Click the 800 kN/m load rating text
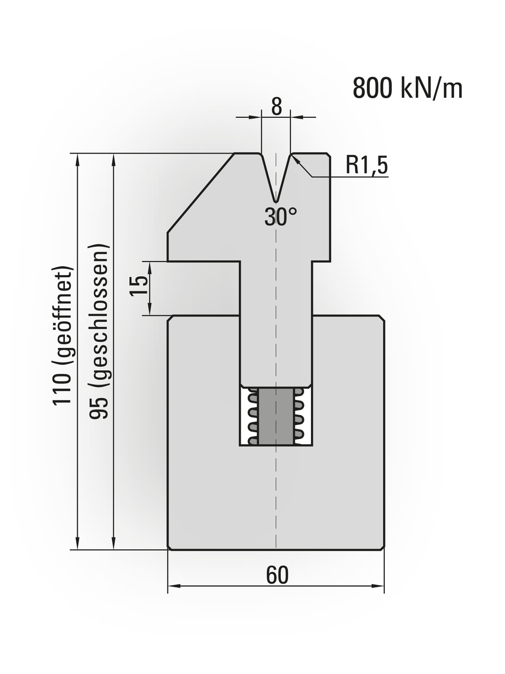(x=407, y=88)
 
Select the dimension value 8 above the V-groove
(x=276, y=107)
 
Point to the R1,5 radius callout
(x=366, y=166)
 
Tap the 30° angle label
(x=280, y=217)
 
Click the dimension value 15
(x=140, y=287)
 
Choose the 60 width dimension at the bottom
(x=277, y=575)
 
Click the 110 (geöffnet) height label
(x=62, y=335)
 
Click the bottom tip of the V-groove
(x=276, y=201)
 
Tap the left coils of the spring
(x=252, y=416)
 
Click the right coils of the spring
(x=299, y=416)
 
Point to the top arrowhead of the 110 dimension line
(x=78, y=159)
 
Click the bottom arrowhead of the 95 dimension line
(x=114, y=544)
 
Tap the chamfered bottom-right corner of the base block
(x=382, y=547)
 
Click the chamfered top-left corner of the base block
(x=171, y=318)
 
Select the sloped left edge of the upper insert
(x=200, y=193)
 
